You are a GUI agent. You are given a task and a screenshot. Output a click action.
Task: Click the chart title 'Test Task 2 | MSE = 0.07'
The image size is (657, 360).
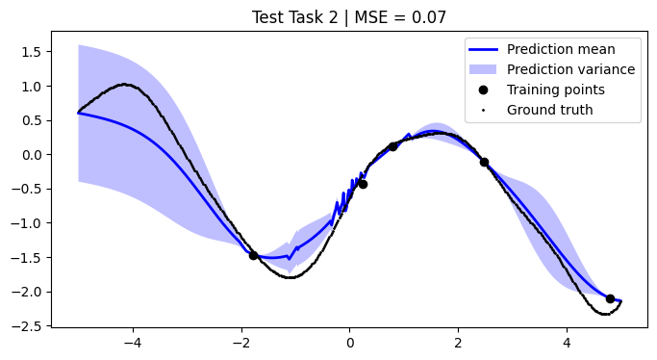pyautogui.click(x=349, y=16)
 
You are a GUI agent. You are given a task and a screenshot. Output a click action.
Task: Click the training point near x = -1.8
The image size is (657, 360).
pyautogui.click(x=254, y=255)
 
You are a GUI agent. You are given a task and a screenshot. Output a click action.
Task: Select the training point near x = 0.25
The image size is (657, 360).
pyautogui.click(x=363, y=184)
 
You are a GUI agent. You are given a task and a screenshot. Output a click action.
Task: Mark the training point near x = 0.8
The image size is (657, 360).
pyautogui.click(x=392, y=146)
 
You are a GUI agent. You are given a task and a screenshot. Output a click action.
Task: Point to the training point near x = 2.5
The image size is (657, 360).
pyautogui.click(x=484, y=162)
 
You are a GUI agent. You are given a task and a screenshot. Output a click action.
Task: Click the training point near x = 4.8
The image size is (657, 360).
pyautogui.click(x=610, y=298)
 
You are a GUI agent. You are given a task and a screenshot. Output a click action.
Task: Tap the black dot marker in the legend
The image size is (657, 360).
pyautogui.click(x=483, y=90)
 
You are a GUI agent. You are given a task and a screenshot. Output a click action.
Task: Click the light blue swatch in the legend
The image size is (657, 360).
pyautogui.click(x=483, y=69)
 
